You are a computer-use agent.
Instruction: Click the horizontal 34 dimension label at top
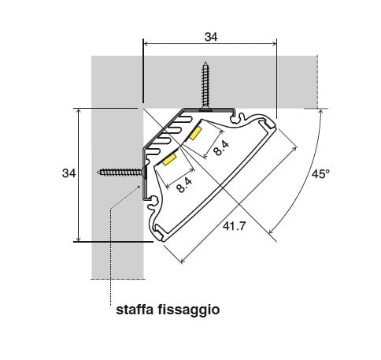(211, 37)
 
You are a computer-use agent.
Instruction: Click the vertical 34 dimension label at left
(68, 173)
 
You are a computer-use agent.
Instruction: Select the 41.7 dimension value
(235, 226)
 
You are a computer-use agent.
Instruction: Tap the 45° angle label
(320, 174)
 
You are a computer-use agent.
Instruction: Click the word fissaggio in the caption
(189, 310)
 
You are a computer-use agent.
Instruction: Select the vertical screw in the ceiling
(205, 86)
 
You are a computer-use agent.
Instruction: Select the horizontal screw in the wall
(121, 173)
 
